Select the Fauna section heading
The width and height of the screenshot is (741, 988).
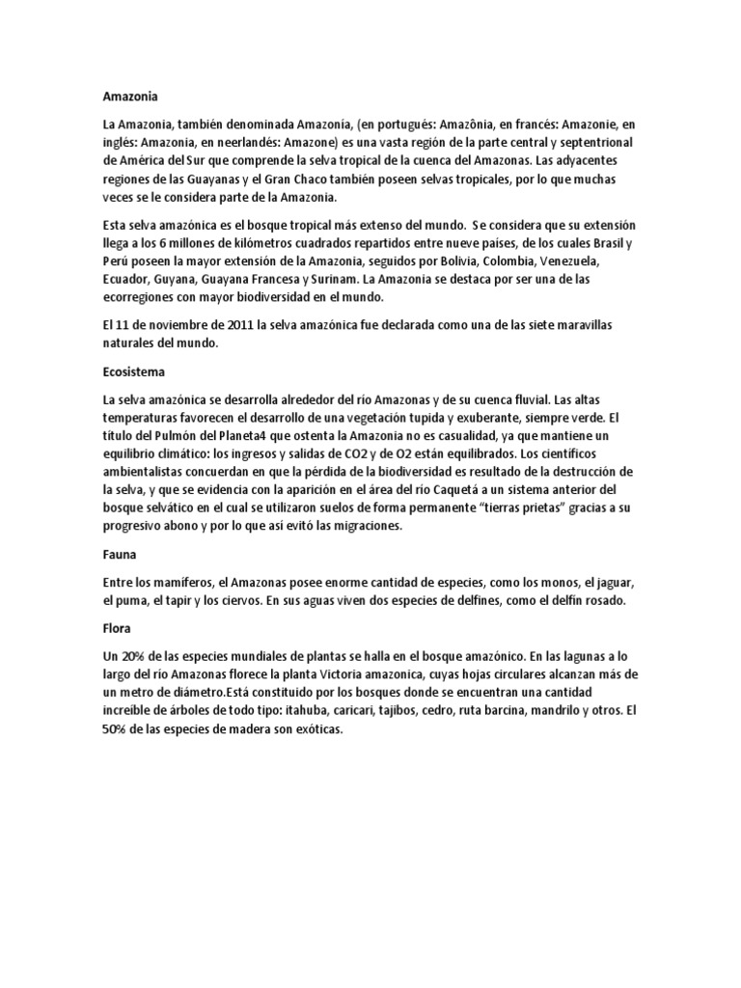(119, 557)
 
